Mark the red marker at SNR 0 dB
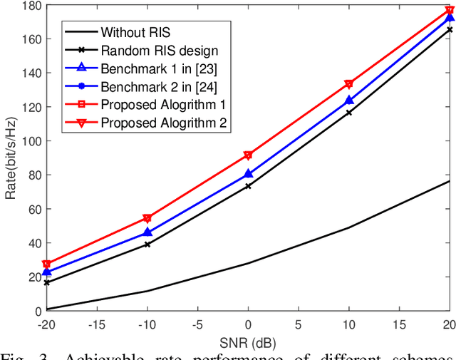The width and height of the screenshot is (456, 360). click(248, 155)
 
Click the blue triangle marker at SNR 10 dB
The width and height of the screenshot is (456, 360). click(349, 101)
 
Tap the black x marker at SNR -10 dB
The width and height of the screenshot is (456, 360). click(147, 245)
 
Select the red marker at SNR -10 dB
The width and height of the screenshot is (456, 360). click(147, 218)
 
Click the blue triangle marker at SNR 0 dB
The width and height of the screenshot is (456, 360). click(248, 173)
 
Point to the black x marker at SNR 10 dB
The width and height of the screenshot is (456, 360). click(349, 113)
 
